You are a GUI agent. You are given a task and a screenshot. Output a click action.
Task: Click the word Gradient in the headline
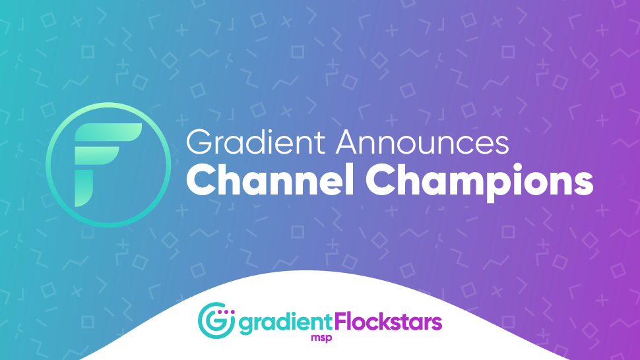(256, 142)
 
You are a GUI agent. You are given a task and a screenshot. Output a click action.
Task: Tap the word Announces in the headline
(422, 142)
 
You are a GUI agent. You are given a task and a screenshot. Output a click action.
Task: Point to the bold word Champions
(479, 182)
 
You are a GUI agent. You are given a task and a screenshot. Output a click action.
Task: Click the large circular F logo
(108, 165)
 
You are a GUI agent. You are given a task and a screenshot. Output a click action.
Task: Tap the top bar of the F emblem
(108, 133)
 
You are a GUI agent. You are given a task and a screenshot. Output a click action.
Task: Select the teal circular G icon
(216, 320)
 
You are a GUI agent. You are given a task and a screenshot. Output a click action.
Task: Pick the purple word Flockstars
(388, 322)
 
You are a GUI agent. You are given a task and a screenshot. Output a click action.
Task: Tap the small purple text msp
(321, 338)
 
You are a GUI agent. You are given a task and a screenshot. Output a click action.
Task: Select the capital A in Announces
(348, 142)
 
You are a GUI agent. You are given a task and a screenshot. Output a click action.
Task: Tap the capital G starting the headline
(199, 142)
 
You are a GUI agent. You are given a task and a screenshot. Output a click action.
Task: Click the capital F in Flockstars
(341, 322)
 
